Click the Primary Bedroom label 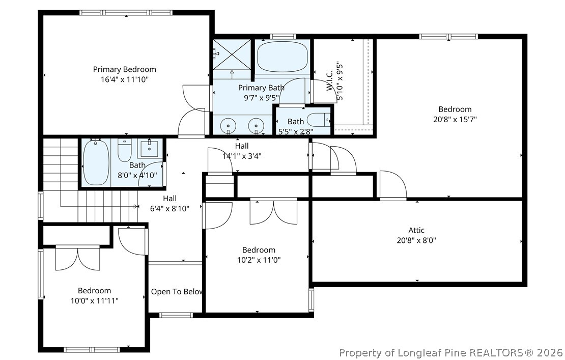tap(125, 69)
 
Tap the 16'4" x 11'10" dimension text tap(125, 79)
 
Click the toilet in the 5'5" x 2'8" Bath tap(323, 120)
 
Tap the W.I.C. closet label tap(329, 81)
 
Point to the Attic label tap(416, 230)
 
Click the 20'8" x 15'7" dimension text tap(455, 119)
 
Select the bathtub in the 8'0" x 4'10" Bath tap(96, 162)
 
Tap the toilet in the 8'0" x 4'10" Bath tap(125, 151)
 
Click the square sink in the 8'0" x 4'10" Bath tap(149, 148)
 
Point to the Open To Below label tap(177, 292)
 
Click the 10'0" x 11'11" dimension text tap(94, 300)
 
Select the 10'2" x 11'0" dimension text tap(259, 260)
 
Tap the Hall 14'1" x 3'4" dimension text tap(242, 156)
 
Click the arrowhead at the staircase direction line tap(136, 207)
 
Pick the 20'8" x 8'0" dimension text tap(416, 240)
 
